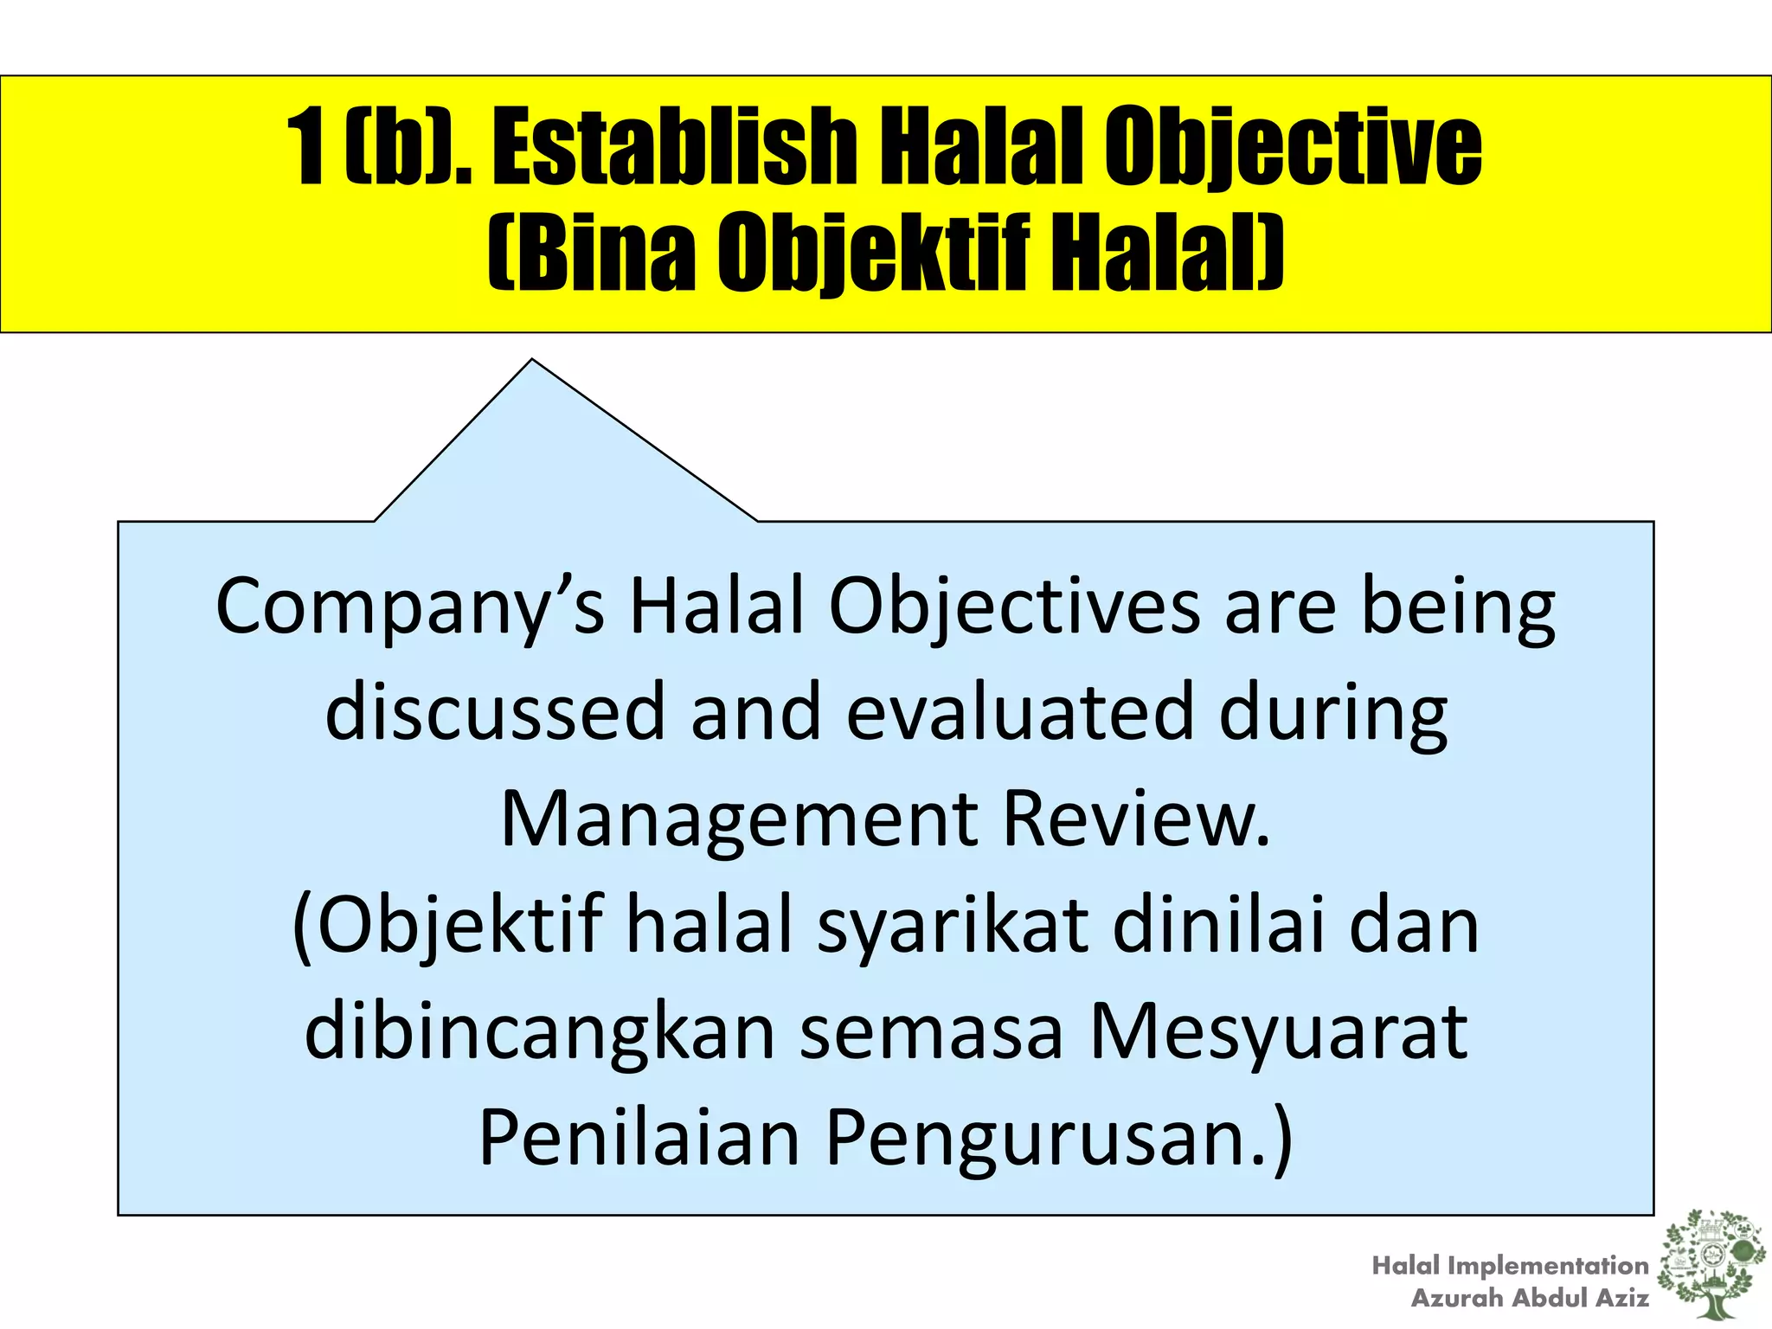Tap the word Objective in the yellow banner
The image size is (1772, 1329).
[1293, 147]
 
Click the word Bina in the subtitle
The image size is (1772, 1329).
[593, 253]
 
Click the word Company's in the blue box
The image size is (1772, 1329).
[409, 608]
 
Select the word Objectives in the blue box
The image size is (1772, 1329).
[1013, 608]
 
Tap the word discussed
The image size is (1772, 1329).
[494, 712]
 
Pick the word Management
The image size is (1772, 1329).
[740, 819]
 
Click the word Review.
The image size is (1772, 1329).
[1136, 819]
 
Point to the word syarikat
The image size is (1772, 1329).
[953, 926]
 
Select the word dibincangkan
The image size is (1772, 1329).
[540, 1032]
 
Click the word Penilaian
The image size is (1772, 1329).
[639, 1139]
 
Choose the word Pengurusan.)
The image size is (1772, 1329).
[1059, 1139]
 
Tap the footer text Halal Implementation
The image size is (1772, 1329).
[1510, 1266]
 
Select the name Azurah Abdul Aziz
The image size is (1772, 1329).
[1529, 1298]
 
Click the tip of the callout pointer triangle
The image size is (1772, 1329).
[532, 361]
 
